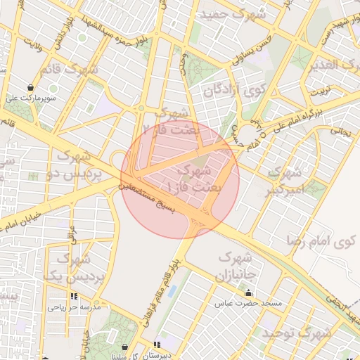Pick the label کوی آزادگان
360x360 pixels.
point(233,90)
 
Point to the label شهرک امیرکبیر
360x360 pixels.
point(287,180)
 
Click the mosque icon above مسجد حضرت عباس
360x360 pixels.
point(247,293)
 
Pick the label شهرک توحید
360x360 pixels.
point(295,333)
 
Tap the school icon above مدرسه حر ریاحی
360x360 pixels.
point(74,297)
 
